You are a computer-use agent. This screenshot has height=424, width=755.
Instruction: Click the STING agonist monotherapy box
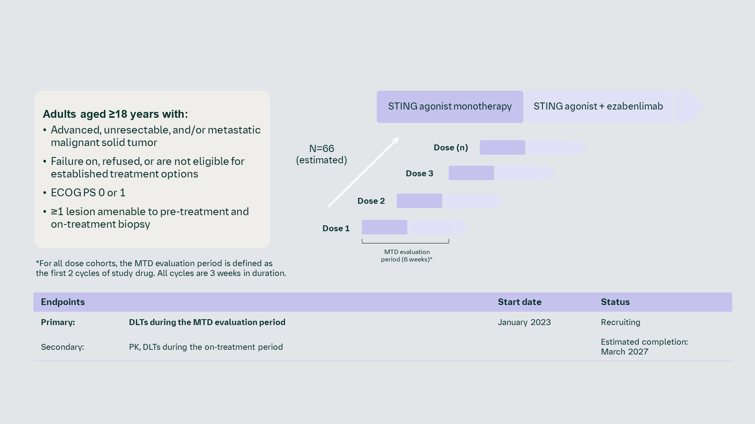point(449,106)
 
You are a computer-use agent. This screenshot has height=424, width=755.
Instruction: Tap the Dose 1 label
point(336,228)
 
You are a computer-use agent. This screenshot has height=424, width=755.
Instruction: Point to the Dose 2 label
point(371,201)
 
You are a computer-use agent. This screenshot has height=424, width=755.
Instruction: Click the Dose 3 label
point(419,174)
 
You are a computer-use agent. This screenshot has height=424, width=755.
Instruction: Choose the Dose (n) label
point(451,148)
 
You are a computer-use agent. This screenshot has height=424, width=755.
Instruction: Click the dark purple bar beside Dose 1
point(384,227)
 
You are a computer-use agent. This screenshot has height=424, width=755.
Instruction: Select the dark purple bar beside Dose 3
point(471,173)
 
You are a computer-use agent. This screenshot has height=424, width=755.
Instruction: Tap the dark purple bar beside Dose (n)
point(502,148)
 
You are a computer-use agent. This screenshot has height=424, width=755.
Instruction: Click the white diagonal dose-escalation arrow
point(364,172)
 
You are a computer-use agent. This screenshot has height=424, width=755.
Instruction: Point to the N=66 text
point(321,149)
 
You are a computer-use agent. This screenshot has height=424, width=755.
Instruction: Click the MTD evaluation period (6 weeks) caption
point(407,256)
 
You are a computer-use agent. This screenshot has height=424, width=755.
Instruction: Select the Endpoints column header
point(63,302)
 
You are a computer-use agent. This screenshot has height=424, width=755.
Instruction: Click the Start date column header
point(519,302)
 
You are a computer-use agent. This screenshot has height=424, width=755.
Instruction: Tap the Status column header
point(615,302)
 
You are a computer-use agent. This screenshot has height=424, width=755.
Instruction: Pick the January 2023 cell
point(524,322)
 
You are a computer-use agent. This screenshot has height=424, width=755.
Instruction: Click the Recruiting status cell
point(620,322)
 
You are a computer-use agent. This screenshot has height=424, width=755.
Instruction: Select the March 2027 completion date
point(624,352)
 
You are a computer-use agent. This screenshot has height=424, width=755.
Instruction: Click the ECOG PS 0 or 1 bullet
point(88,193)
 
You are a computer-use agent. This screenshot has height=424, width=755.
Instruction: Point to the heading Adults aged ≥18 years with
point(115,114)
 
